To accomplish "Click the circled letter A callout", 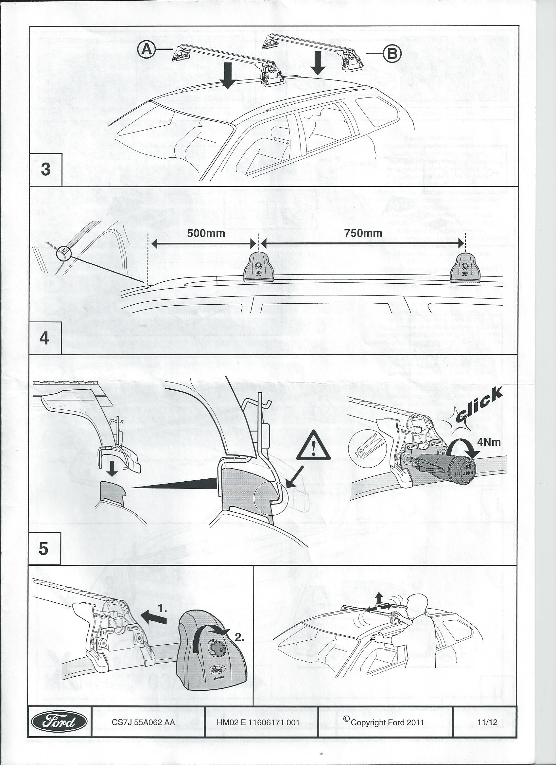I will (147, 50).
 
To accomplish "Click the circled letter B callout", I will (392, 54).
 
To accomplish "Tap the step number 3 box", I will (45, 169).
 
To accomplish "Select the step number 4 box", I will (44, 338).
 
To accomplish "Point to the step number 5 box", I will (44, 549).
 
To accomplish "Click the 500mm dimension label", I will (206, 233).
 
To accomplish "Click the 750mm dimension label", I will (363, 233).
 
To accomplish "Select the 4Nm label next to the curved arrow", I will (489, 442).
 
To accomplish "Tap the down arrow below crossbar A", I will (228, 76).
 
